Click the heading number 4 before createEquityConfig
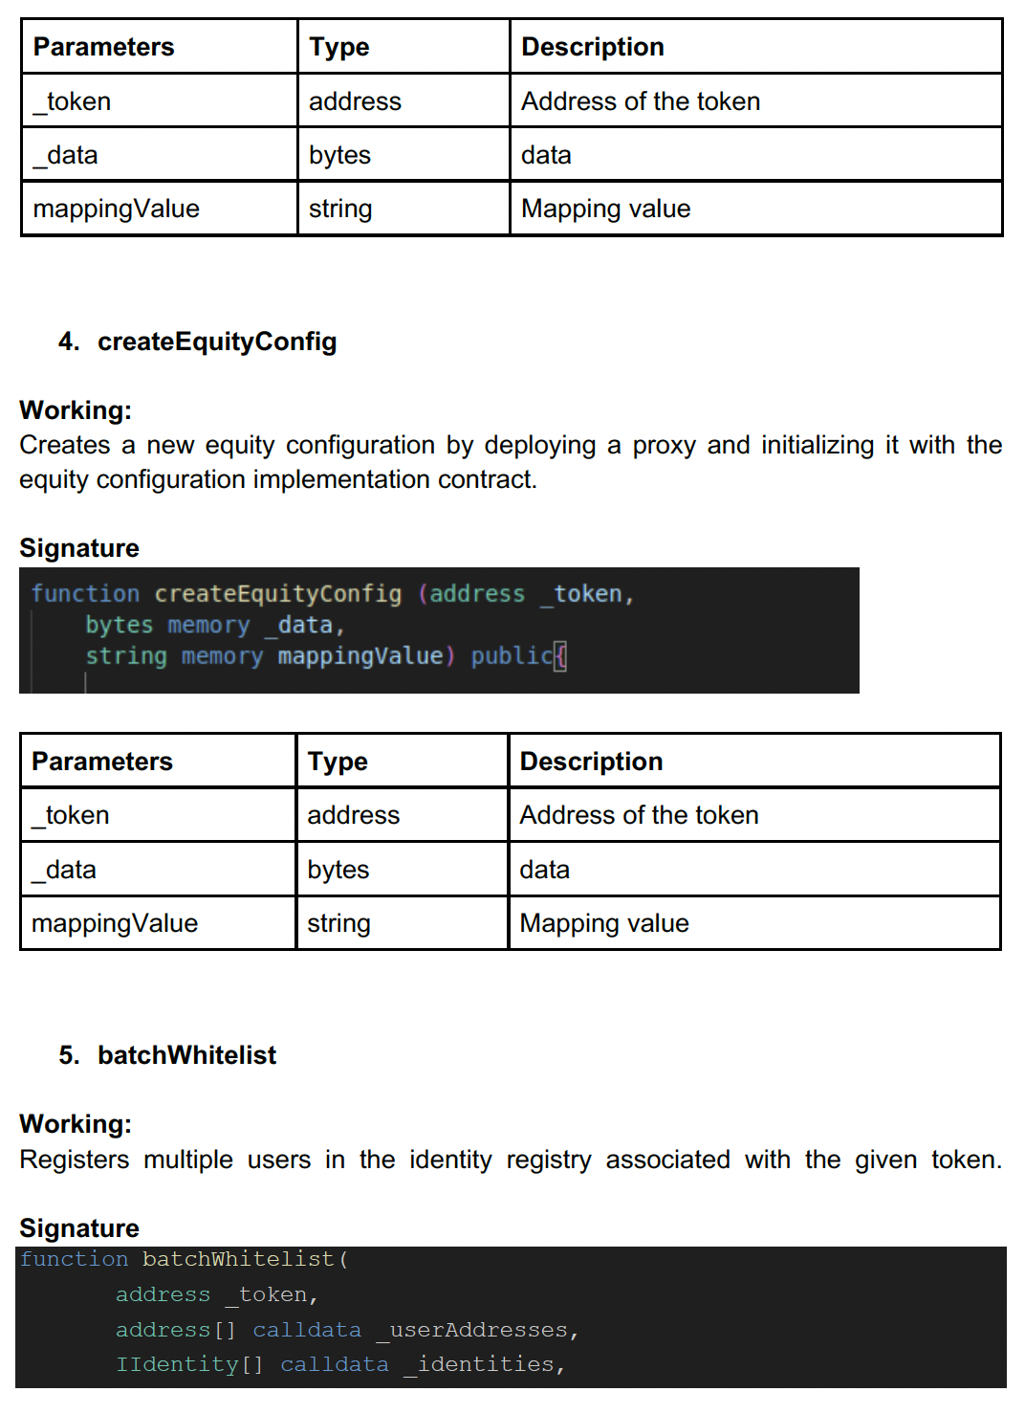point(68,342)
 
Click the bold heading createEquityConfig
point(217,342)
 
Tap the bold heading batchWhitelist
point(186,1055)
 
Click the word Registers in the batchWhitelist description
point(75,1160)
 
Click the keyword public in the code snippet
point(512,655)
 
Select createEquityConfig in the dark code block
point(278,594)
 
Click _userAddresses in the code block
point(478,1330)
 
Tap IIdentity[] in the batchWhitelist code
point(189,1364)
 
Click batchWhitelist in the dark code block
point(239,1259)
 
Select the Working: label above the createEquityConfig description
point(76,410)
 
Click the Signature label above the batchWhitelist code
point(79,1228)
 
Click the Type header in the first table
point(339,47)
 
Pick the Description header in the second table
point(591,762)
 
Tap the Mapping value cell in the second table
point(604,923)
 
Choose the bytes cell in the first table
point(339,155)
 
